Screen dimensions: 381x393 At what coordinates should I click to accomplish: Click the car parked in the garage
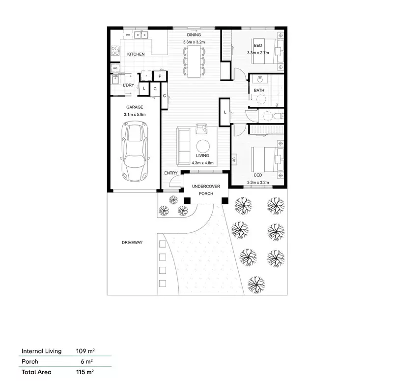click(134, 152)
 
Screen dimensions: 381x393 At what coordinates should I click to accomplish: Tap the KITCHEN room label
click(136, 54)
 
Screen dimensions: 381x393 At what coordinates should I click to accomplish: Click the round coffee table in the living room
click(203, 145)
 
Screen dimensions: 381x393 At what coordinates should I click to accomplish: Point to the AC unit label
click(234, 159)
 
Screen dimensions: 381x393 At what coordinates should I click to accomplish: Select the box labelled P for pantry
click(160, 76)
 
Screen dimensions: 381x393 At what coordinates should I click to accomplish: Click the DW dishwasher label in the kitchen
click(128, 35)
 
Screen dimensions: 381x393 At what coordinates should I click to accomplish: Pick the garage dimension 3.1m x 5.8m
click(135, 114)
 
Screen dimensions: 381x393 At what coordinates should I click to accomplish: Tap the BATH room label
click(259, 91)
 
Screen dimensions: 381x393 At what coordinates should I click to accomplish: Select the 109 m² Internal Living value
click(85, 351)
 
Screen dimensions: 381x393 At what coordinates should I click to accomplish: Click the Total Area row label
click(36, 372)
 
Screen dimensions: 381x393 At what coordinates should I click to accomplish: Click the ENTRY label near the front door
click(171, 173)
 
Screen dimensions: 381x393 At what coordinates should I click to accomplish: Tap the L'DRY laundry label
click(128, 85)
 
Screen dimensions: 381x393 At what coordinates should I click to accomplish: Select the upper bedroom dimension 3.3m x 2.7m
click(258, 52)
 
